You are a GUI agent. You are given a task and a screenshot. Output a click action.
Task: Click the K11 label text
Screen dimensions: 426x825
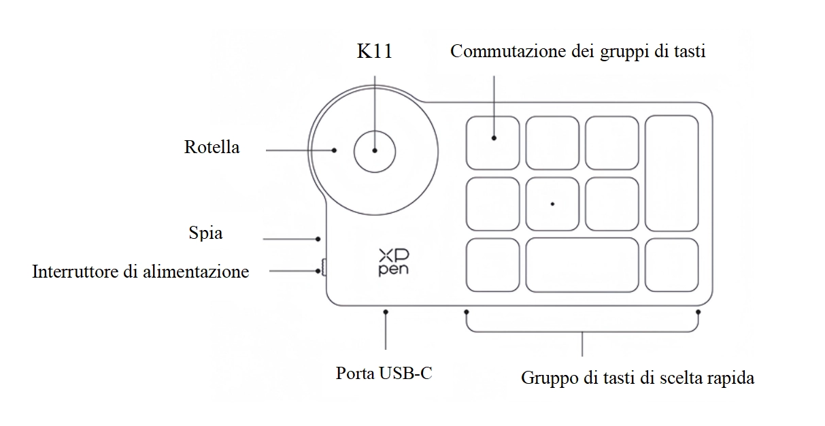pos(375,52)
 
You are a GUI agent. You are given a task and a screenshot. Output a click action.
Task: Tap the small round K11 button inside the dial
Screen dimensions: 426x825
pos(375,150)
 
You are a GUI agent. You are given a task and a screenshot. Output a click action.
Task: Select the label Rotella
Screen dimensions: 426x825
pos(212,147)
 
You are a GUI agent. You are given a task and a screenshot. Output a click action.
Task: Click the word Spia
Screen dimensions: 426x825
pos(205,233)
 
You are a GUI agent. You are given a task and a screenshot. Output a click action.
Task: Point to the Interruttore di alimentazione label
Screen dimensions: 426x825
pos(141,272)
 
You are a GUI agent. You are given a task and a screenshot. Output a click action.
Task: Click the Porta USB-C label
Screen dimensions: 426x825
pos(384,373)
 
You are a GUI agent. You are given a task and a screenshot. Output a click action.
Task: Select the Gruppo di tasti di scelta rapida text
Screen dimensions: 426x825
pos(637,378)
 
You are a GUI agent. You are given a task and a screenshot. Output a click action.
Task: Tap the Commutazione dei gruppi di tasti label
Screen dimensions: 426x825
pos(577,52)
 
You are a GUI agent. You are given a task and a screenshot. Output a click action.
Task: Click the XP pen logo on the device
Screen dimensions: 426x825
pos(394,262)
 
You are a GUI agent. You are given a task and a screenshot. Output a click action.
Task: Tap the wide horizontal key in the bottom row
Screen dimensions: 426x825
pos(582,264)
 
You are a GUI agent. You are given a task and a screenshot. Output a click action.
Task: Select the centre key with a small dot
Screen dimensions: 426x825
pos(552,203)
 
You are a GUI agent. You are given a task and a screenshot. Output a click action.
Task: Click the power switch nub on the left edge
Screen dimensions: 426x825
pos(323,268)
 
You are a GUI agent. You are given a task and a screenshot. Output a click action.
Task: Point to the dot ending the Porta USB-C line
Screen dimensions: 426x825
pos(386,312)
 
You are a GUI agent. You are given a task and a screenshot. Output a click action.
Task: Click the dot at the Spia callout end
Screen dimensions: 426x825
pos(318,239)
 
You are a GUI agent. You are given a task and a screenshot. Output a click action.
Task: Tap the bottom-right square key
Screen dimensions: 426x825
pos(672,264)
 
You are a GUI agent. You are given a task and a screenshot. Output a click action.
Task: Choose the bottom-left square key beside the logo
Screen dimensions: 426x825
pos(492,264)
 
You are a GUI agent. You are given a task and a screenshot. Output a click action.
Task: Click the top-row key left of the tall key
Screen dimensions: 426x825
pos(612,143)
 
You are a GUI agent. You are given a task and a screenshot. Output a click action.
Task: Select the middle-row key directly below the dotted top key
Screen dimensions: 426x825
pos(492,203)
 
